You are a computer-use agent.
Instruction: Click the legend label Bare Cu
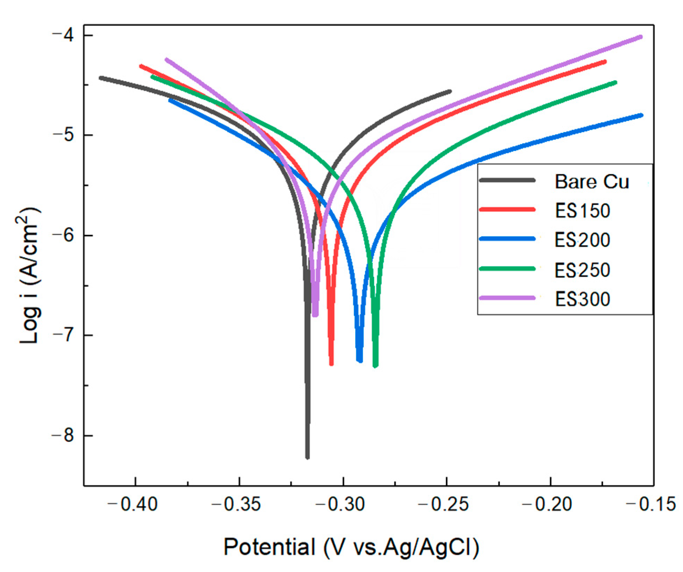click(592, 182)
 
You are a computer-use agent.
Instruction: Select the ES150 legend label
click(582, 211)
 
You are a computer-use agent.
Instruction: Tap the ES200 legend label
click(582, 240)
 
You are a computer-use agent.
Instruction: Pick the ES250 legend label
click(582, 270)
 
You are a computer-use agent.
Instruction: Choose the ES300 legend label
click(582, 299)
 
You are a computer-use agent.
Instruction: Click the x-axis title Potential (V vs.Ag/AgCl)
click(351, 547)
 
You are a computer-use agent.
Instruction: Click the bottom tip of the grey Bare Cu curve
click(307, 457)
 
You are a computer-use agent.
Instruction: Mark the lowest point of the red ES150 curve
click(331, 363)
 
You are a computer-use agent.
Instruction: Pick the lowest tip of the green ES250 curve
click(376, 365)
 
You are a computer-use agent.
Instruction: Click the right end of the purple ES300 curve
click(640, 37)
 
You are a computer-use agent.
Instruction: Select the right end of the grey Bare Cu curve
click(450, 92)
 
